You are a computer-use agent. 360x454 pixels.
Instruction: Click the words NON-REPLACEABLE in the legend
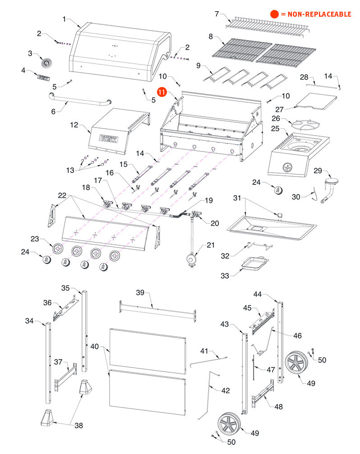[x=316, y=14]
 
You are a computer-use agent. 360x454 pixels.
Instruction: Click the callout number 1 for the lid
[x=64, y=19]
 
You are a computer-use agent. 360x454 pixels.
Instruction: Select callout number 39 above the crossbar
[x=140, y=293]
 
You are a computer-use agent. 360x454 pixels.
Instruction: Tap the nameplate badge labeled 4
[x=43, y=78]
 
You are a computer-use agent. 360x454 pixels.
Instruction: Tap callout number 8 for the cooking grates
[x=210, y=36]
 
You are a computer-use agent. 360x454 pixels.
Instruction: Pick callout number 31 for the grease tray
[x=238, y=197]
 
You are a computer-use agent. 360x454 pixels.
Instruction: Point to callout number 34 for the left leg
[x=29, y=321]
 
